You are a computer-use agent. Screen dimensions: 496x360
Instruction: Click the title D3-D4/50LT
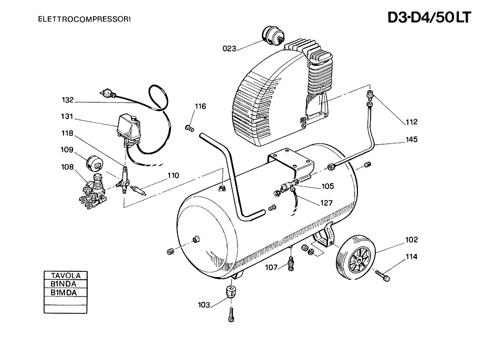[429, 17]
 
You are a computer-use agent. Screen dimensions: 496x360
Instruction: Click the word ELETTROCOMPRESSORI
[84, 19]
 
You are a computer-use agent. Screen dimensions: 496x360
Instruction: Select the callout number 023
[229, 48]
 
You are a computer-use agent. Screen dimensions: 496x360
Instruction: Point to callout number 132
[67, 100]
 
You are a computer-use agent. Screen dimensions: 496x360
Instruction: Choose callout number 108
[67, 167]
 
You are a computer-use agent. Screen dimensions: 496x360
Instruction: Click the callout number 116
[200, 107]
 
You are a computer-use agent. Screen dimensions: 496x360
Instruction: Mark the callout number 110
[173, 175]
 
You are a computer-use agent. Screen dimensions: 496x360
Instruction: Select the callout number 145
[411, 139]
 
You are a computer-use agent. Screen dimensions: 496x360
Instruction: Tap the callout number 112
[411, 122]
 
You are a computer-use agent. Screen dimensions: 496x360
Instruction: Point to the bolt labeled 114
[383, 276]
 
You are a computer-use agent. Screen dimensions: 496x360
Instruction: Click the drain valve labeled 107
[291, 263]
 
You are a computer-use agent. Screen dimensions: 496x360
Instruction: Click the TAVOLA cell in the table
[66, 275]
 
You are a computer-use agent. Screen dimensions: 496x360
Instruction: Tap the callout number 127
[326, 203]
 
